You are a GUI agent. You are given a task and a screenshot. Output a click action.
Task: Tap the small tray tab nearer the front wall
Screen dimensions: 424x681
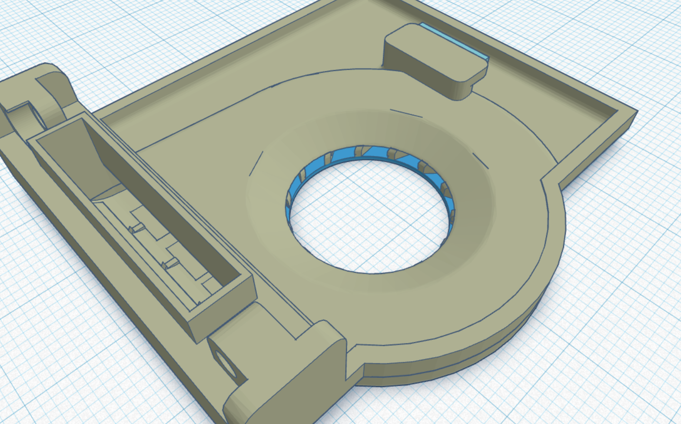(x=170, y=263)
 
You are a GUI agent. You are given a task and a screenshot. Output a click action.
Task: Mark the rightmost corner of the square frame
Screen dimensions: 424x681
(x=635, y=112)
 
